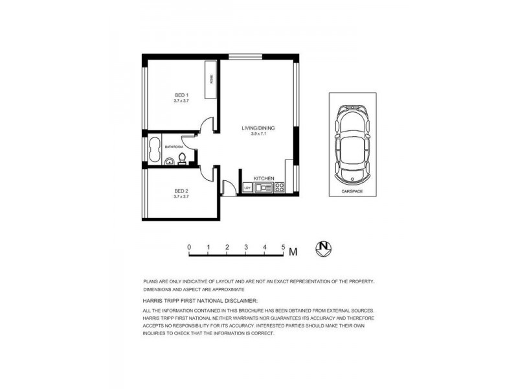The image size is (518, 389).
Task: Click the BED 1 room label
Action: (181, 95)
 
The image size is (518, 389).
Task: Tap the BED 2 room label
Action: (181, 190)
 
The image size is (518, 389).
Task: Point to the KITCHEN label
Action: (264, 178)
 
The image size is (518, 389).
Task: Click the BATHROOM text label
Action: (174, 147)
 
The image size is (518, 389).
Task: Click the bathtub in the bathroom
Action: (155, 151)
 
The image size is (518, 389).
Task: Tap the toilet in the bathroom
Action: (183, 158)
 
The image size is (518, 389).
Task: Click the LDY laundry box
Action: (247, 188)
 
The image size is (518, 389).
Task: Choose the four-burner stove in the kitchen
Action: (280, 187)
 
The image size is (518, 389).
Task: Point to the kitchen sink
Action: (263, 188)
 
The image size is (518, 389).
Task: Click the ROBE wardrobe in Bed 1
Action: (210, 80)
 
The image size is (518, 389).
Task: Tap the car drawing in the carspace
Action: (352, 143)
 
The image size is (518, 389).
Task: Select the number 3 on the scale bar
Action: (247, 247)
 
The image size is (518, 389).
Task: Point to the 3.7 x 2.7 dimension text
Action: (181, 196)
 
